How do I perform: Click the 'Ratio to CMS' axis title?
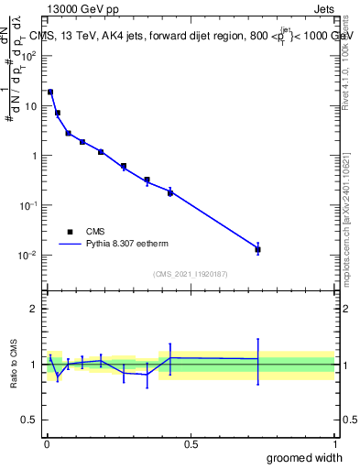click(x=14, y=364)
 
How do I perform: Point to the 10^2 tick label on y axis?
click(x=28, y=56)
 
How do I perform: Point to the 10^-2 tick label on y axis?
click(x=28, y=255)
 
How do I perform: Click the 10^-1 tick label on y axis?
click(x=28, y=205)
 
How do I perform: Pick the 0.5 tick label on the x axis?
click(x=191, y=443)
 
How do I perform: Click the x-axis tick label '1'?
click(x=334, y=443)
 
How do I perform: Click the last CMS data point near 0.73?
click(x=258, y=249)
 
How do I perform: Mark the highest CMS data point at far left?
click(x=50, y=92)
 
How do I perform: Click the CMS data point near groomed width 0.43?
click(x=170, y=192)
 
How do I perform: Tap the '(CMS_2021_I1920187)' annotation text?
click(x=191, y=273)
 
